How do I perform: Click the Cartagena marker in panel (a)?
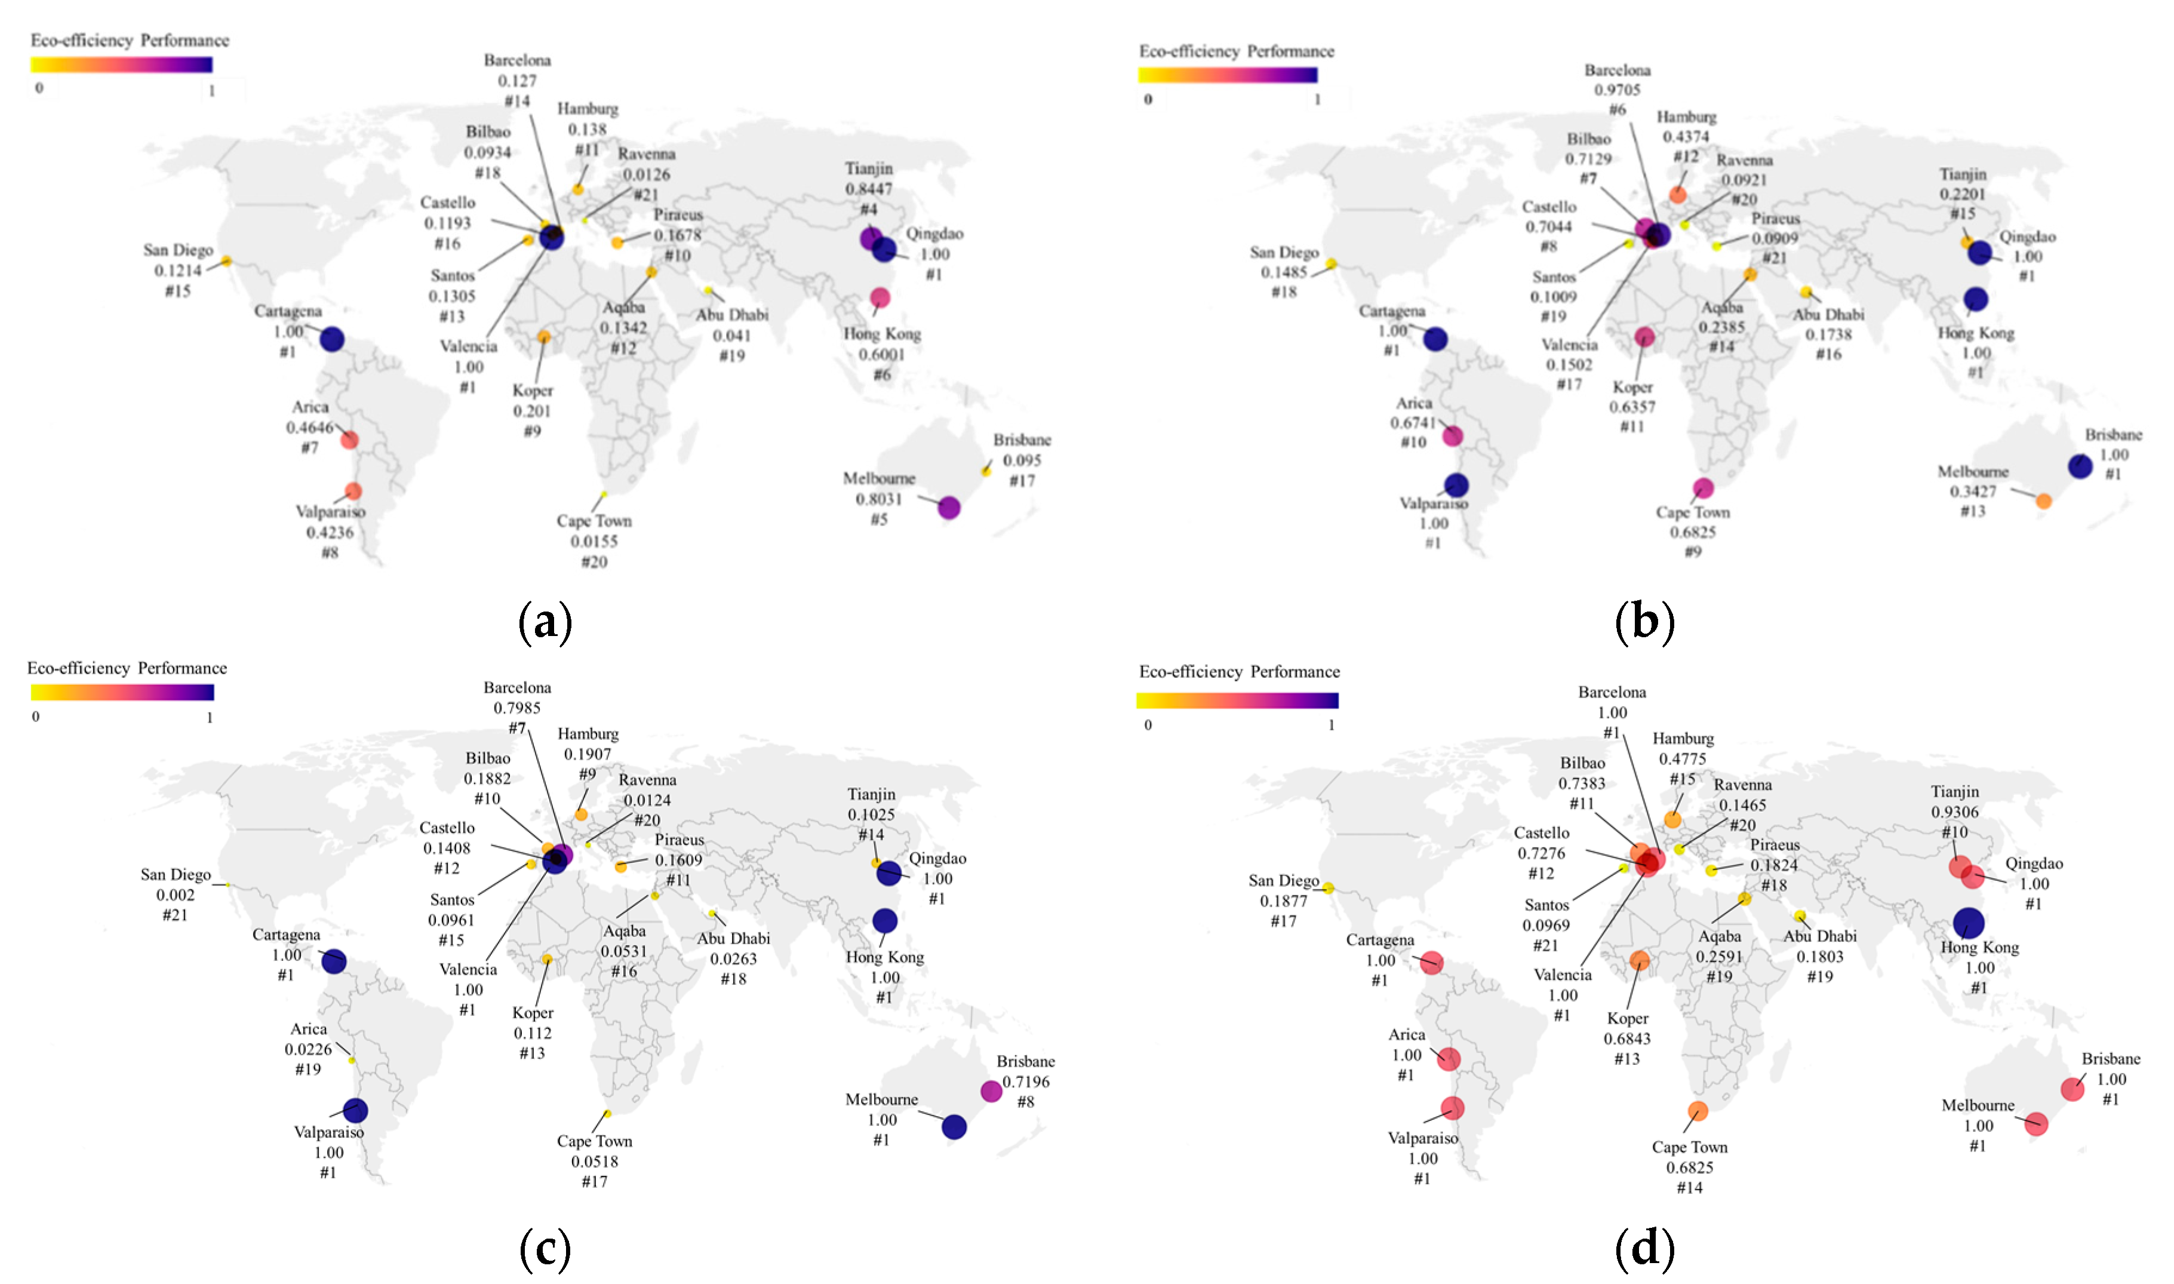[332, 339]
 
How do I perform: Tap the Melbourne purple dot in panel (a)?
[949, 508]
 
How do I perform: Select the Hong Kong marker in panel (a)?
[880, 297]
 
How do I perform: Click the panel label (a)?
[545, 622]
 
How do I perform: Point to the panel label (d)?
[1644, 1249]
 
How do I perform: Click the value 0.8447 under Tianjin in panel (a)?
[869, 189]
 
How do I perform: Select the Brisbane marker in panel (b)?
[2081, 466]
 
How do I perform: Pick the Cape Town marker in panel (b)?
[1702, 488]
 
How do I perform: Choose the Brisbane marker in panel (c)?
[991, 1091]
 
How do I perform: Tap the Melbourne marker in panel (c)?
[954, 1126]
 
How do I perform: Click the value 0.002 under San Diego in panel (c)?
[176, 895]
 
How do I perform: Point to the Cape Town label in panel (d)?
[1690, 1147]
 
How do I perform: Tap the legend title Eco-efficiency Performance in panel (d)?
[1239, 672]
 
